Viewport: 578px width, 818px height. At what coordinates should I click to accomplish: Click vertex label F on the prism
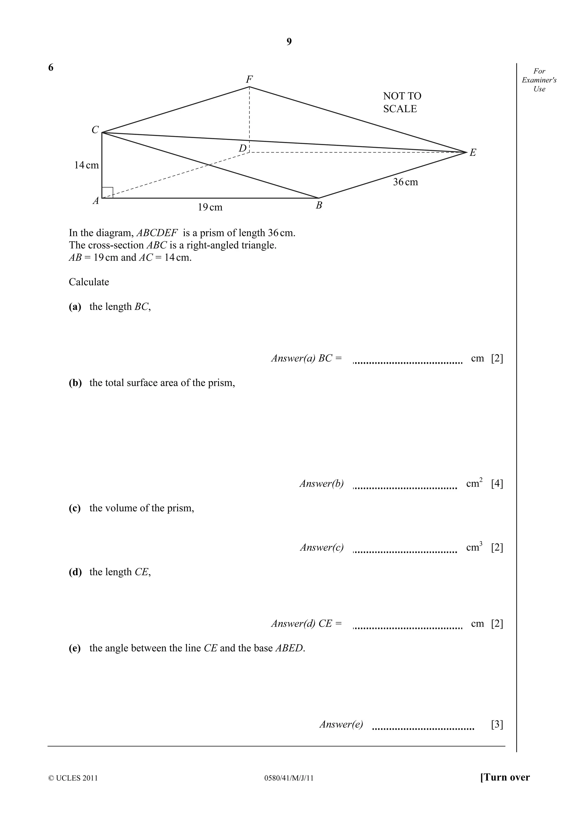point(249,79)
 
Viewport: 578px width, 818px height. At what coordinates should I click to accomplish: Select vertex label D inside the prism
point(242,148)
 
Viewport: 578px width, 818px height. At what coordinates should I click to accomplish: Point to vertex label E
point(472,153)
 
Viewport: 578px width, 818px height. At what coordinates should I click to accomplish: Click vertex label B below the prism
point(319,205)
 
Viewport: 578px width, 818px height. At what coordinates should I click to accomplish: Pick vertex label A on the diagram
point(96,201)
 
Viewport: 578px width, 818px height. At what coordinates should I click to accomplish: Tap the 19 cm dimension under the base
point(210,207)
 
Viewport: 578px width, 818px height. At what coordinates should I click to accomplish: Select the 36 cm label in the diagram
point(405,182)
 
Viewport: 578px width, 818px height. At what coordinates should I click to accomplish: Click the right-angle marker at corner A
point(107,193)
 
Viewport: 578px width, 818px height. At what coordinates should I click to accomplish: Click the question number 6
point(51,68)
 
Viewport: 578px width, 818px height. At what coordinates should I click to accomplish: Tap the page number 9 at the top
point(289,42)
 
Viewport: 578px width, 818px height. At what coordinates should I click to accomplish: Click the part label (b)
point(75,383)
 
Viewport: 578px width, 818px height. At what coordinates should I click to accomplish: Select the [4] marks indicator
point(497,484)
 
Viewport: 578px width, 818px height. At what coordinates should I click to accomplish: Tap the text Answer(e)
point(341,724)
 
